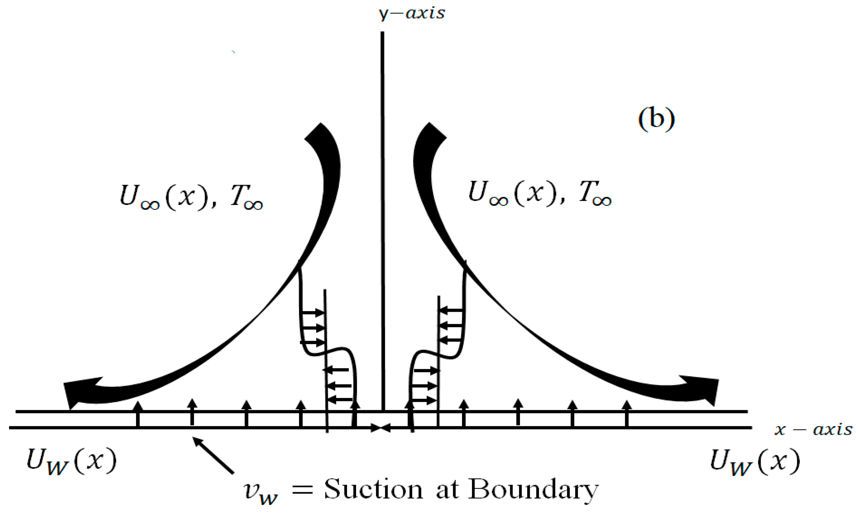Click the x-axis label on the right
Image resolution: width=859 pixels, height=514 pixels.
tap(813, 429)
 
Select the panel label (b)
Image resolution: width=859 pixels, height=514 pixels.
tap(656, 119)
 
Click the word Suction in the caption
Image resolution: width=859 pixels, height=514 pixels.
tap(373, 489)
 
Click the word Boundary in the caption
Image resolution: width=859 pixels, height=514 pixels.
tap(533, 489)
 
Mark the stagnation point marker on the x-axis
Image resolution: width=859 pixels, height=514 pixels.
tap(381, 428)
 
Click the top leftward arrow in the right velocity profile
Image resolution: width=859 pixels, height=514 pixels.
tap(451, 310)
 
